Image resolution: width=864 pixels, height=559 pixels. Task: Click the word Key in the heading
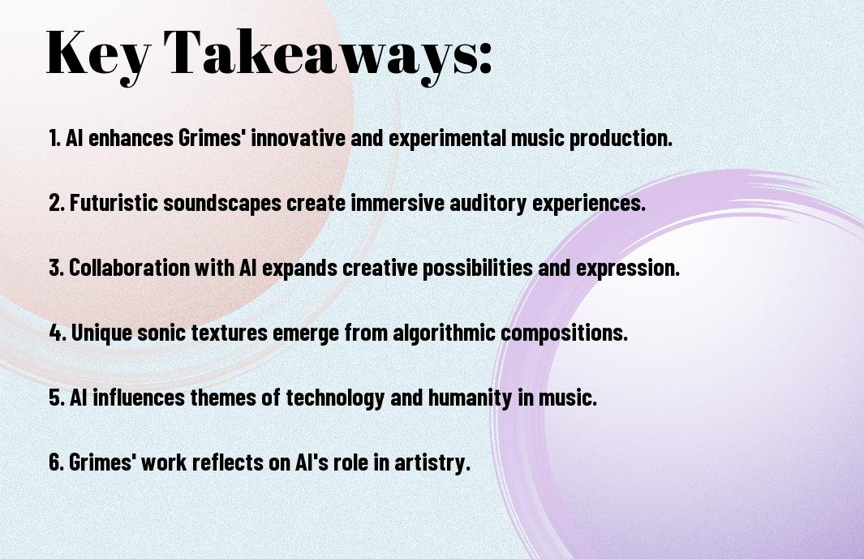98,54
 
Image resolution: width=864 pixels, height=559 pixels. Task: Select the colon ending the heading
484,57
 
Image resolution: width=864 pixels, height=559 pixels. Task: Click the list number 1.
54,138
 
